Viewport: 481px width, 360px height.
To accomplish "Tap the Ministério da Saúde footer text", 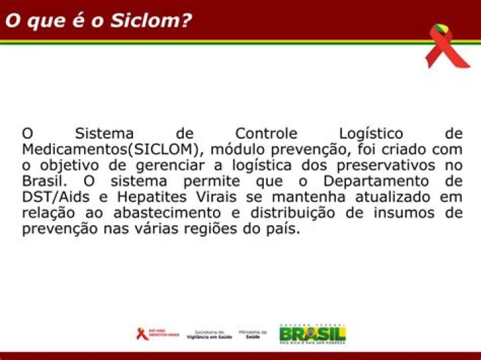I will pyautogui.click(x=253, y=334).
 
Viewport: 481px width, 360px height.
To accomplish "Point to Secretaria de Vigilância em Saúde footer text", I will pyautogui.click(x=209, y=334).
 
